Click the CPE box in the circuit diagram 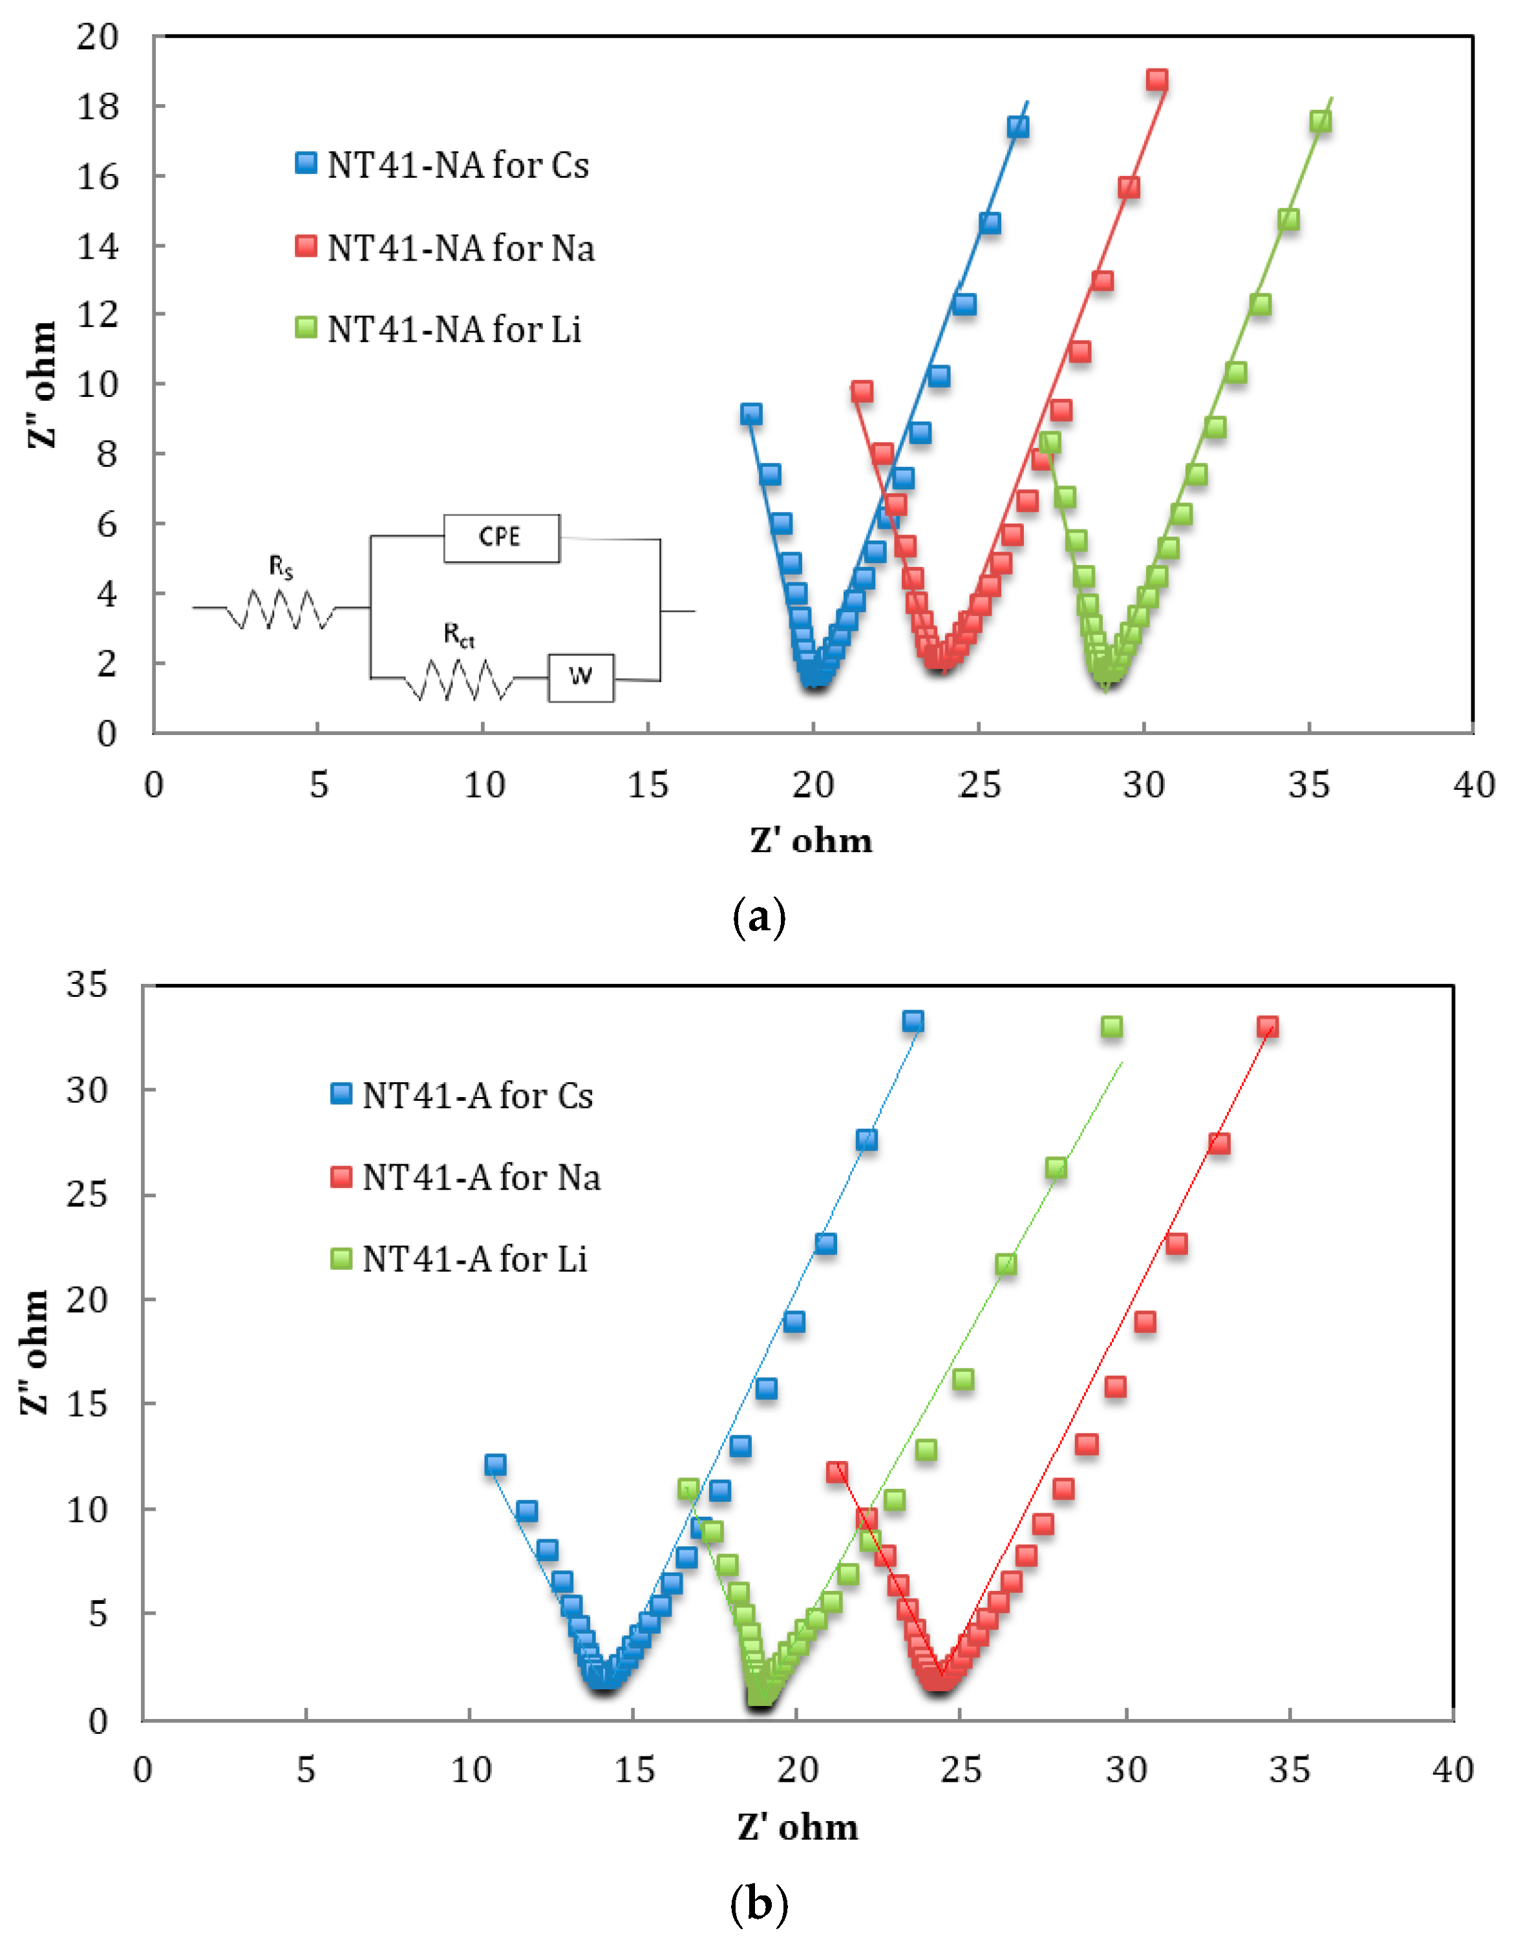tap(502, 538)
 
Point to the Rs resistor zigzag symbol tap(281, 609)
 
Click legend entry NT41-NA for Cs tap(441, 165)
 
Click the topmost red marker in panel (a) tap(1157, 80)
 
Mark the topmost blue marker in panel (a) tap(1018, 127)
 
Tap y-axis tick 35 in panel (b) tap(87, 984)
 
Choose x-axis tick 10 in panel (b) tap(471, 1769)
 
